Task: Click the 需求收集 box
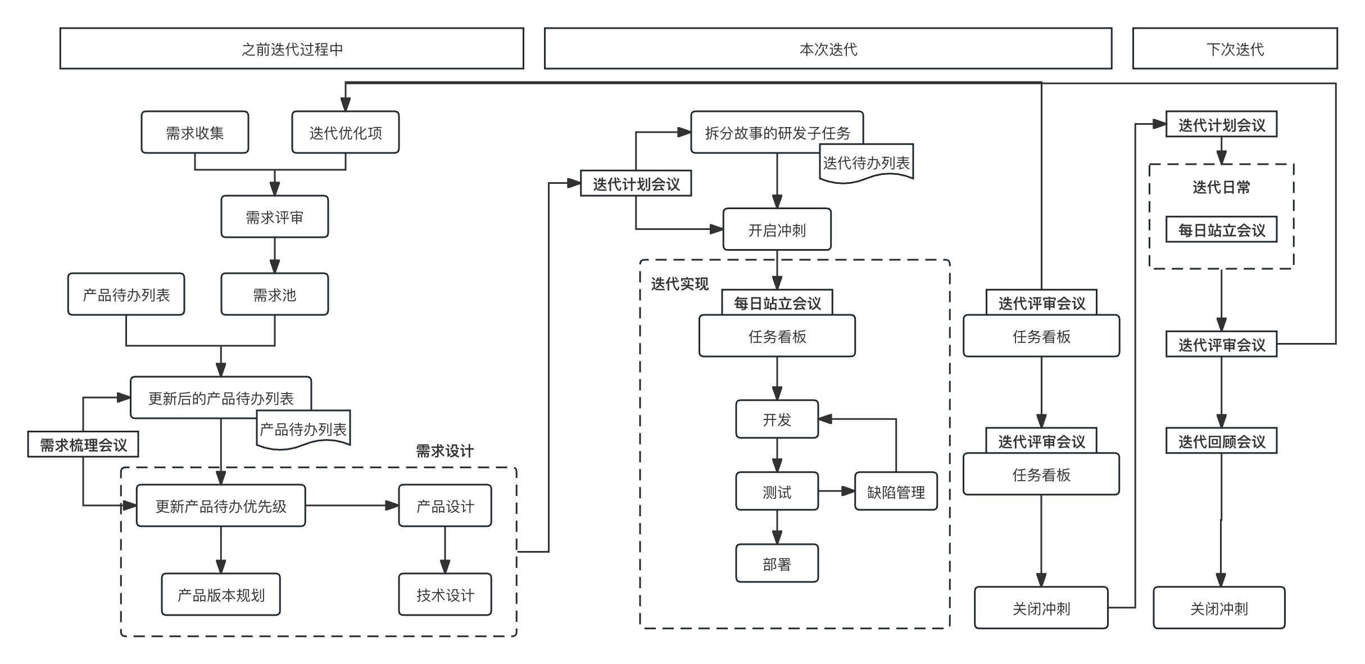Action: pyautogui.click(x=194, y=133)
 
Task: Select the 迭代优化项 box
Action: pyautogui.click(x=345, y=133)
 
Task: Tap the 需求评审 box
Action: pyautogui.click(x=274, y=217)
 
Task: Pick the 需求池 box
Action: pyautogui.click(x=274, y=295)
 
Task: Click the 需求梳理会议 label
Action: pyautogui.click(x=83, y=445)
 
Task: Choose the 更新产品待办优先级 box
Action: pyautogui.click(x=221, y=506)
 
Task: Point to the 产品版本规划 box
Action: pyautogui.click(x=221, y=595)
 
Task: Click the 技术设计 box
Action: pyautogui.click(x=445, y=595)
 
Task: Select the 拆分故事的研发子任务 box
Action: pyautogui.click(x=777, y=133)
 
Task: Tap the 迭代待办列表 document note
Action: pyautogui.click(x=866, y=163)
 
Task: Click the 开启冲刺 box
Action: pyautogui.click(x=777, y=230)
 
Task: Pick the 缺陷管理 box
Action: pyautogui.click(x=896, y=492)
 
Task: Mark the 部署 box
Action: pyautogui.click(x=777, y=564)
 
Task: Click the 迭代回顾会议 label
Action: pyautogui.click(x=1221, y=441)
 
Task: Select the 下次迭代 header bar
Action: pyautogui.click(x=1235, y=49)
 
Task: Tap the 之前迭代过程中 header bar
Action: pyautogui.click(x=292, y=49)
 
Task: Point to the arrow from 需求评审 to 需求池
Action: pyautogui.click(x=274, y=256)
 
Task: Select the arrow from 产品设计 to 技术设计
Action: pyautogui.click(x=445, y=550)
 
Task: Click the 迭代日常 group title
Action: pyautogui.click(x=1221, y=187)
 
